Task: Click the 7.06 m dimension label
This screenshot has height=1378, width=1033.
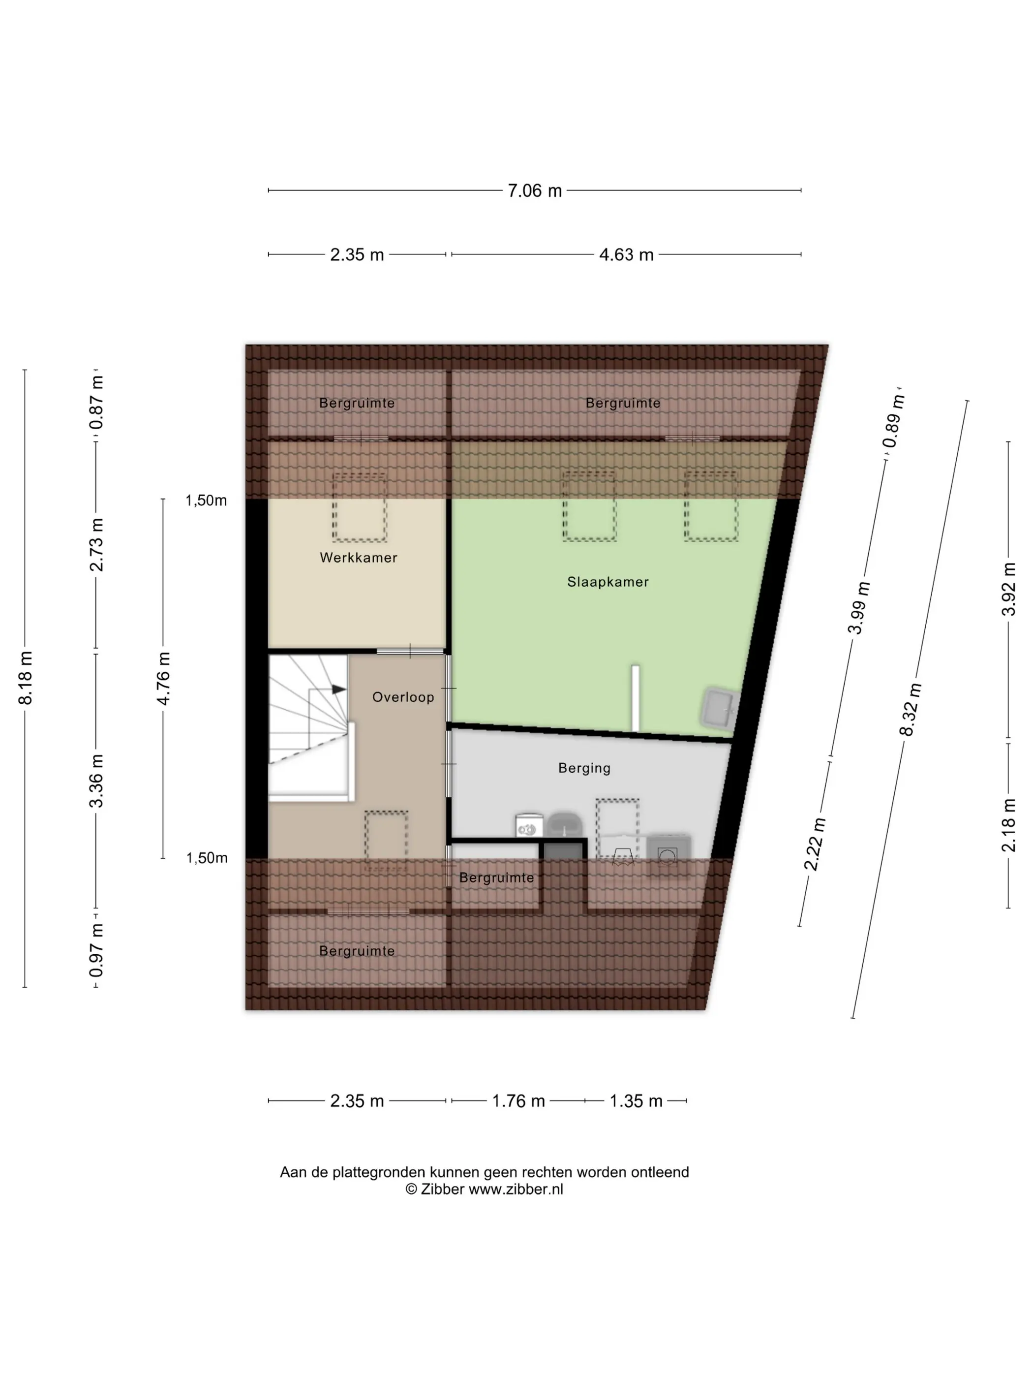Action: (x=534, y=190)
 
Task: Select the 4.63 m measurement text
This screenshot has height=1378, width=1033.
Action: (x=626, y=255)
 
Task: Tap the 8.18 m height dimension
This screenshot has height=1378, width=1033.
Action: (x=26, y=678)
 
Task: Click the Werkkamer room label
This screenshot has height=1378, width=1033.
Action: (x=359, y=558)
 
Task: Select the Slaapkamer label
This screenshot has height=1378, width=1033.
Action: (x=608, y=582)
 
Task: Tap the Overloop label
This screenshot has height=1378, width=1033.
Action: (x=403, y=697)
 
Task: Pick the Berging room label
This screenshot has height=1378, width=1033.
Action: (x=584, y=768)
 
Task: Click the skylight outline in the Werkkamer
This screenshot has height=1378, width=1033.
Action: (x=359, y=506)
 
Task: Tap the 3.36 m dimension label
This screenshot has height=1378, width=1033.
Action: (x=96, y=780)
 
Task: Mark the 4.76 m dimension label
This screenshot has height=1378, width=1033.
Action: (x=163, y=678)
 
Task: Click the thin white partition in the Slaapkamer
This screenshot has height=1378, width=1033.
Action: (x=635, y=698)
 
